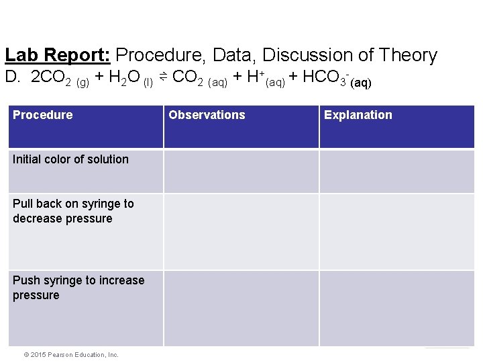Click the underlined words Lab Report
tap(58, 55)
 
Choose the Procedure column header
tap(43, 115)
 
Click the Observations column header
tap(207, 115)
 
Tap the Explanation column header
tap(358, 115)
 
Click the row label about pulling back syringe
tap(73, 211)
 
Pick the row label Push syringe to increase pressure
tap(78, 288)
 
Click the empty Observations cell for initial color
tap(241, 171)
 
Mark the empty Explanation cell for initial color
tap(396, 171)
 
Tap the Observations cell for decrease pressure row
tap(241, 232)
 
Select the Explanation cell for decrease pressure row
tap(396, 232)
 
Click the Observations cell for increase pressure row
tap(241, 309)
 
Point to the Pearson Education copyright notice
tap(66, 354)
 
